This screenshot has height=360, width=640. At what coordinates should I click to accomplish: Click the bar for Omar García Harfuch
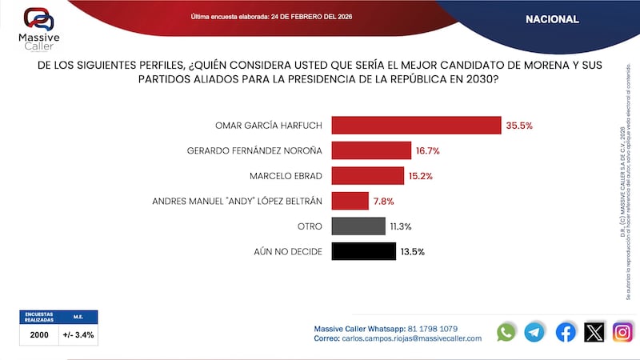pos(416,126)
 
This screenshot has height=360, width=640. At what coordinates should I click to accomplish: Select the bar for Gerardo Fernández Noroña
pos(370,150)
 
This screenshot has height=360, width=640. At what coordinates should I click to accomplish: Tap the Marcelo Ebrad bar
pos(366,176)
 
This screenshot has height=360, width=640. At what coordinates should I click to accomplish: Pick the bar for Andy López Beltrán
pos(350,201)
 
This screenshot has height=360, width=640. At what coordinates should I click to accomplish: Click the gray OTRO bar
pos(358,226)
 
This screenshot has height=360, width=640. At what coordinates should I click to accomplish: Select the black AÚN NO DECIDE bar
pos(363,251)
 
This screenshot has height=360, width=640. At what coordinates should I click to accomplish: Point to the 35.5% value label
pos(518,126)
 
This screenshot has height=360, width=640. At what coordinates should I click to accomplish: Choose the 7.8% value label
pos(382,201)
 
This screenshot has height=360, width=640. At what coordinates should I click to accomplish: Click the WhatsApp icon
pos(506,332)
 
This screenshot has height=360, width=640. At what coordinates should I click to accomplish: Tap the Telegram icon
pos(534,332)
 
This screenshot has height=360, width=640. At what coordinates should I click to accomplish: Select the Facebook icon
pos(566,332)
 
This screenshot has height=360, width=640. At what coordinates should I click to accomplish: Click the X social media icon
pos(594,332)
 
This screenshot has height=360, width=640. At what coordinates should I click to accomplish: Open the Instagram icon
pos(622,332)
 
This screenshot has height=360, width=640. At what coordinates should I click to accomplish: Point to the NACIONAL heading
pos(552,19)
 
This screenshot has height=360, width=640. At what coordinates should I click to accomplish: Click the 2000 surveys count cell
pos(39,335)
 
